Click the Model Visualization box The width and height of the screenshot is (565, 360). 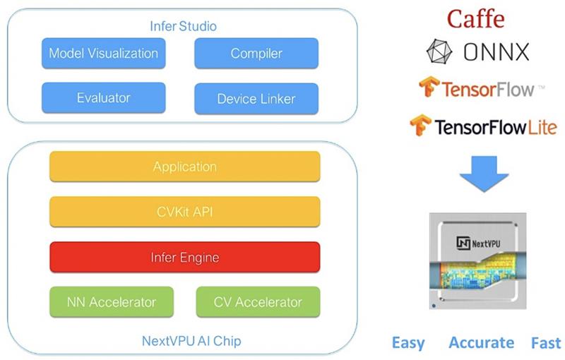click(103, 53)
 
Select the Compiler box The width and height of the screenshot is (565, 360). click(256, 53)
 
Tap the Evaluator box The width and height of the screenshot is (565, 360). click(103, 98)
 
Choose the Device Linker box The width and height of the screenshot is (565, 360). click(256, 99)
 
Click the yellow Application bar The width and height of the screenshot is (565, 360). click(185, 167)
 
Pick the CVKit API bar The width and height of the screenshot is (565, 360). click(185, 212)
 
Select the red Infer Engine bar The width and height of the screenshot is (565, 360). click(185, 257)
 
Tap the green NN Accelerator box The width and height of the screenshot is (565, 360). click(112, 302)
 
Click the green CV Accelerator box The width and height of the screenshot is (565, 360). click(258, 302)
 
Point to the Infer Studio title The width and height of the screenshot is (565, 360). click(183, 26)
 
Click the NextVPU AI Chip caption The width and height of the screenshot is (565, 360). click(191, 341)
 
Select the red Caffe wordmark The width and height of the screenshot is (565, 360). click(475, 19)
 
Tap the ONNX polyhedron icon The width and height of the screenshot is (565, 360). click(439, 52)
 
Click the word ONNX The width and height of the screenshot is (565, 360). click(496, 52)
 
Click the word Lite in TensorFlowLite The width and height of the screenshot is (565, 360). click(542, 127)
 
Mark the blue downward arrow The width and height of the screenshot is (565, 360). click(484, 174)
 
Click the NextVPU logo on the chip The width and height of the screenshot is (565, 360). click(478, 243)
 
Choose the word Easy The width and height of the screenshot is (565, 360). click(408, 343)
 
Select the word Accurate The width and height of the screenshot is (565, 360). click(482, 342)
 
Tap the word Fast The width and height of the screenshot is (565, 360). click(546, 343)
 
